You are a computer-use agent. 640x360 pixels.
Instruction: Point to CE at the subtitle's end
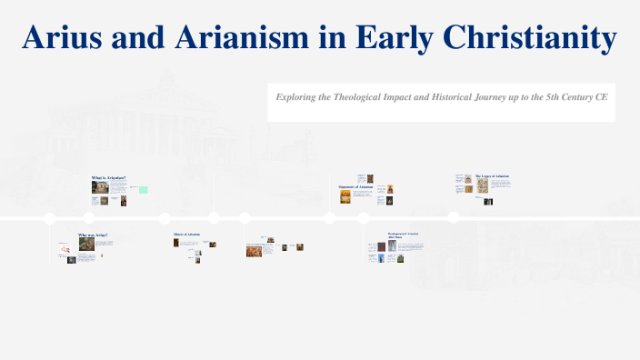[601, 95]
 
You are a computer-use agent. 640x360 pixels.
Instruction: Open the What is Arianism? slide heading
[108, 177]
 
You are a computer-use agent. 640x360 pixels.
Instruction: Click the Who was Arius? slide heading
[93, 235]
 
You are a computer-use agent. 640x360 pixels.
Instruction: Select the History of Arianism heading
[186, 235]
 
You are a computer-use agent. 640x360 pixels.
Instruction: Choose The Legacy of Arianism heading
[492, 175]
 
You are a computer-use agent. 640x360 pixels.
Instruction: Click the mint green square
[143, 189]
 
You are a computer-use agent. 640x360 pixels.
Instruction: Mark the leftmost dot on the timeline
[50, 217]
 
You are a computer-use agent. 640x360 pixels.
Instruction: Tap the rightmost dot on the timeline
[453, 217]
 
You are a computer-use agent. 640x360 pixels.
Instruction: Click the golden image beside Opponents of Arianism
[345, 196]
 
